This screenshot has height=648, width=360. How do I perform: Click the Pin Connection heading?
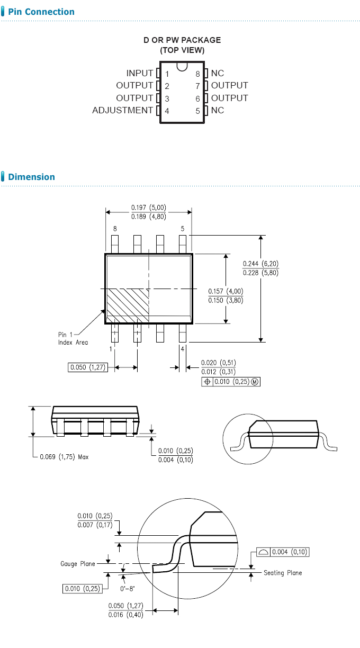tap(41, 12)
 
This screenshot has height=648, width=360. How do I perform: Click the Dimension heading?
tap(31, 177)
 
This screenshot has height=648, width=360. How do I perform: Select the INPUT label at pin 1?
tap(140, 73)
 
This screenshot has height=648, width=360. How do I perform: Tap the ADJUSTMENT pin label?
tap(122, 110)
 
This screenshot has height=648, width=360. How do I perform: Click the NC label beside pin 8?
tap(218, 73)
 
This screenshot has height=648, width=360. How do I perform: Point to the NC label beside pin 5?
tap(218, 110)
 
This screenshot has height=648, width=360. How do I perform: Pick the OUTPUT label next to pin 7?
tap(229, 85)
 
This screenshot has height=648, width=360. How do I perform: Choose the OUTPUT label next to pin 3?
tap(134, 98)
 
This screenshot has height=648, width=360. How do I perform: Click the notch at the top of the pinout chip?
tap(182, 67)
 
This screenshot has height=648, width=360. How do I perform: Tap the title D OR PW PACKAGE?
tap(182, 40)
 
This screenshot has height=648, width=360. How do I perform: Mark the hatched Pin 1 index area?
tap(128, 304)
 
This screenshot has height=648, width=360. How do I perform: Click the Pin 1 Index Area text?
tap(73, 338)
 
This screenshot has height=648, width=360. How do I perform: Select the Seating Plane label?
tap(283, 573)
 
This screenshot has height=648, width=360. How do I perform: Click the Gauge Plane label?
tap(77, 564)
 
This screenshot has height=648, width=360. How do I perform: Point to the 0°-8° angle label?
tap(127, 588)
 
